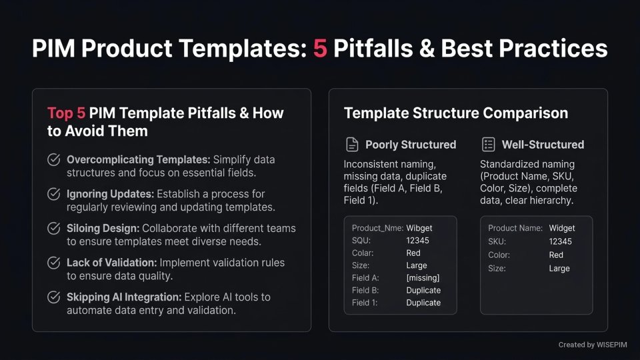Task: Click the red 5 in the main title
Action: pos(321,49)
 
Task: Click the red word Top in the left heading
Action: pos(60,113)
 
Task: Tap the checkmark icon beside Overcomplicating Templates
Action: pos(53,160)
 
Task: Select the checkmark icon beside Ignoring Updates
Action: pos(53,194)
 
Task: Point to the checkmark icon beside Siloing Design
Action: pos(53,229)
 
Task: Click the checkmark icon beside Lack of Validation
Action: pos(53,263)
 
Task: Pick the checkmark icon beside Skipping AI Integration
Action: pos(53,297)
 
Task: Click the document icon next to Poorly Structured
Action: pos(351,145)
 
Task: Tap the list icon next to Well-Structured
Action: pos(488,145)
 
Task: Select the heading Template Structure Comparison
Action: pos(456,113)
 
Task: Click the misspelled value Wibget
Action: pos(419,228)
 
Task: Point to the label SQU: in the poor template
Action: pos(362,241)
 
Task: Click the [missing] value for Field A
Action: pos(423,278)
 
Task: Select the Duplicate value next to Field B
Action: pos(423,291)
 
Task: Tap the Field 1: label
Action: pos(365,303)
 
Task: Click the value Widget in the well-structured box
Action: pos(562,228)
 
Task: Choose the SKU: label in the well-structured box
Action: pos(497,241)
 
